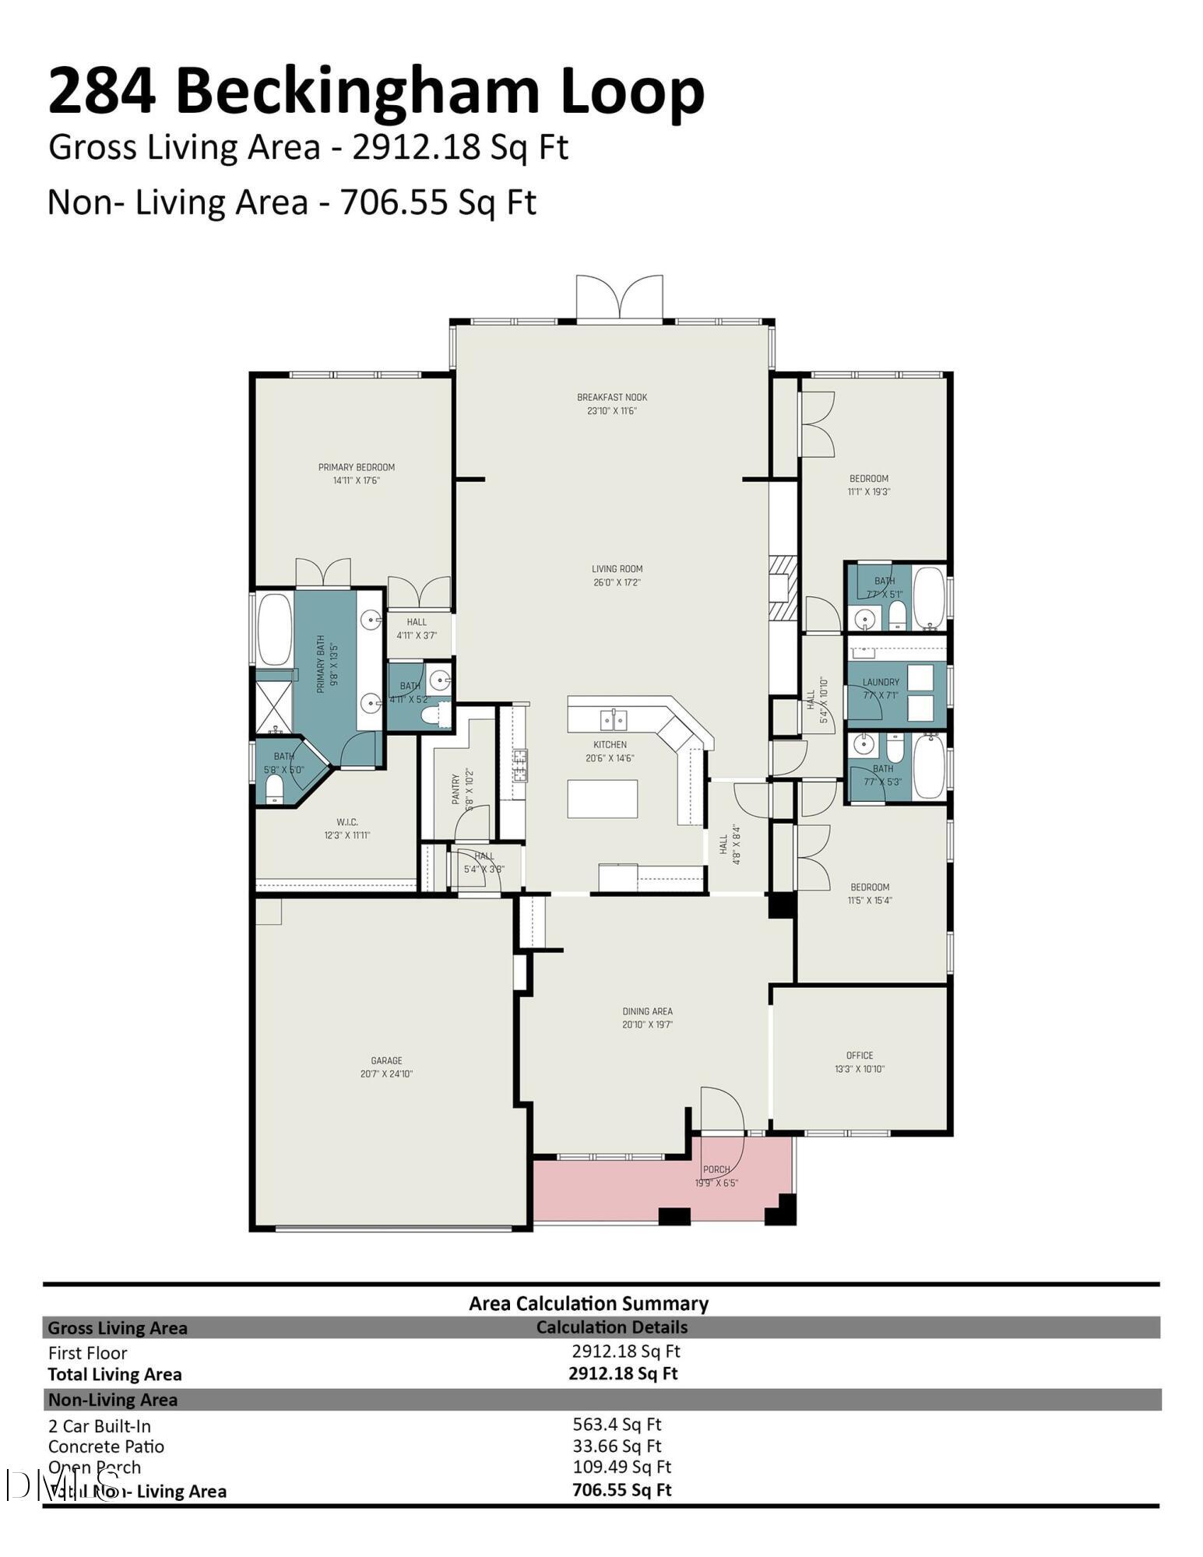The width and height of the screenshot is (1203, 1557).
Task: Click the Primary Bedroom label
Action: pos(356,467)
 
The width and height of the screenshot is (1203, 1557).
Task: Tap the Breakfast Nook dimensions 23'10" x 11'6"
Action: pos(612,410)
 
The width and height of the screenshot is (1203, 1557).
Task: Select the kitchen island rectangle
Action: pos(602,798)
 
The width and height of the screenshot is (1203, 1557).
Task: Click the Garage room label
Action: pos(386,1060)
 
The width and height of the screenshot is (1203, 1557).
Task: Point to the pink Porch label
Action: pos(716,1169)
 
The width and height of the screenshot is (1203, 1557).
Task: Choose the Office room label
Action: pos(860,1056)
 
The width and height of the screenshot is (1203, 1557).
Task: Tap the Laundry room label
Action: pos(881,682)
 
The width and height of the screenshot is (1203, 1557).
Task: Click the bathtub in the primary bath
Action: pos(273,628)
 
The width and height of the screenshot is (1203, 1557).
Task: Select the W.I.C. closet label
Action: pos(347,822)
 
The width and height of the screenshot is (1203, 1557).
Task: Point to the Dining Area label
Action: pos(647,1011)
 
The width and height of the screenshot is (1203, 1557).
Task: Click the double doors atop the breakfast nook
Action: pos(620,297)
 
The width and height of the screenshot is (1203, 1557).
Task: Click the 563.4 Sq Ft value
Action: pos(617,1424)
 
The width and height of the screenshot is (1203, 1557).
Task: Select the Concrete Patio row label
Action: pos(106,1446)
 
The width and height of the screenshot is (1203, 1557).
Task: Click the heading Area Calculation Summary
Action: pos(589,1303)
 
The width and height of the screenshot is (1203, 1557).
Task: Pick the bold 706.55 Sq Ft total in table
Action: pos(621,1489)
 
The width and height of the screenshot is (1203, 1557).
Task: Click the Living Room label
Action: pos(617,569)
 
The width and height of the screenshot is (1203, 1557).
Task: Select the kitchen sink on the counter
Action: pos(613,719)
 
